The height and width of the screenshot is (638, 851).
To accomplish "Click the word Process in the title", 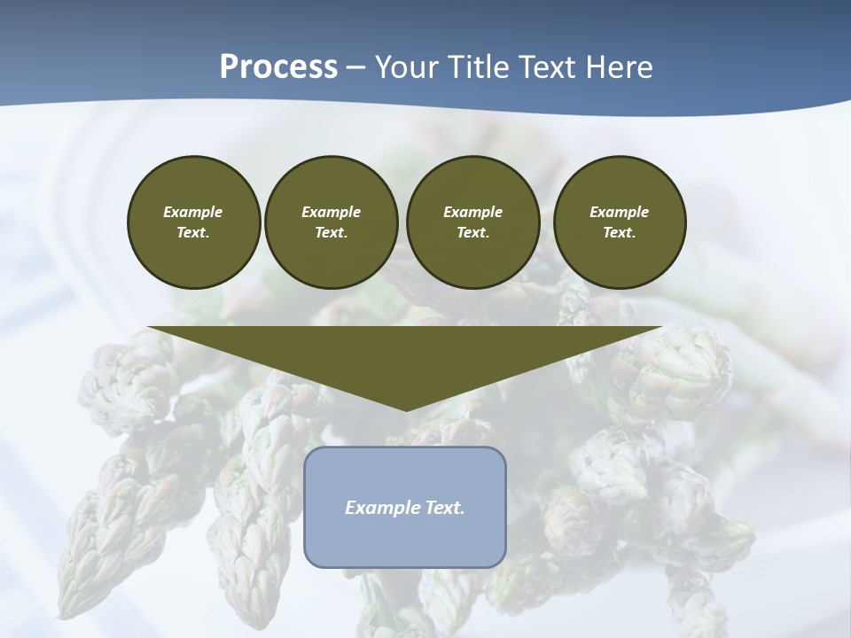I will (x=278, y=67).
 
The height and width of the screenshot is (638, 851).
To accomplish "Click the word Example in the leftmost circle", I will (x=193, y=212).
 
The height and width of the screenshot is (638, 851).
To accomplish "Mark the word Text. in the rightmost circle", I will (x=619, y=233).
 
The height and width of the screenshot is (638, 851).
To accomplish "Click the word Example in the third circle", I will (x=472, y=212).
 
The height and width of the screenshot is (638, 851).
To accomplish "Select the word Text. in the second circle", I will (x=331, y=233).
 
